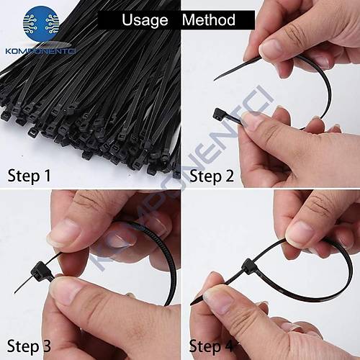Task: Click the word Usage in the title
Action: click(x=145, y=20)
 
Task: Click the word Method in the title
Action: click(x=209, y=19)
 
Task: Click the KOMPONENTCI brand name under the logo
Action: click(x=40, y=51)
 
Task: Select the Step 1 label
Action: click(x=30, y=176)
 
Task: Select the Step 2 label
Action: click(x=211, y=176)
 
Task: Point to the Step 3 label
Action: click(x=29, y=346)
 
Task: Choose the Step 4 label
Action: click(x=211, y=346)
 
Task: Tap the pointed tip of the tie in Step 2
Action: click(x=215, y=79)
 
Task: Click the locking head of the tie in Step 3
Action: click(x=39, y=271)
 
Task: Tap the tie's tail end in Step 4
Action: click(x=192, y=304)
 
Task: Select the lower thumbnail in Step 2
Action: click(x=252, y=120)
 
